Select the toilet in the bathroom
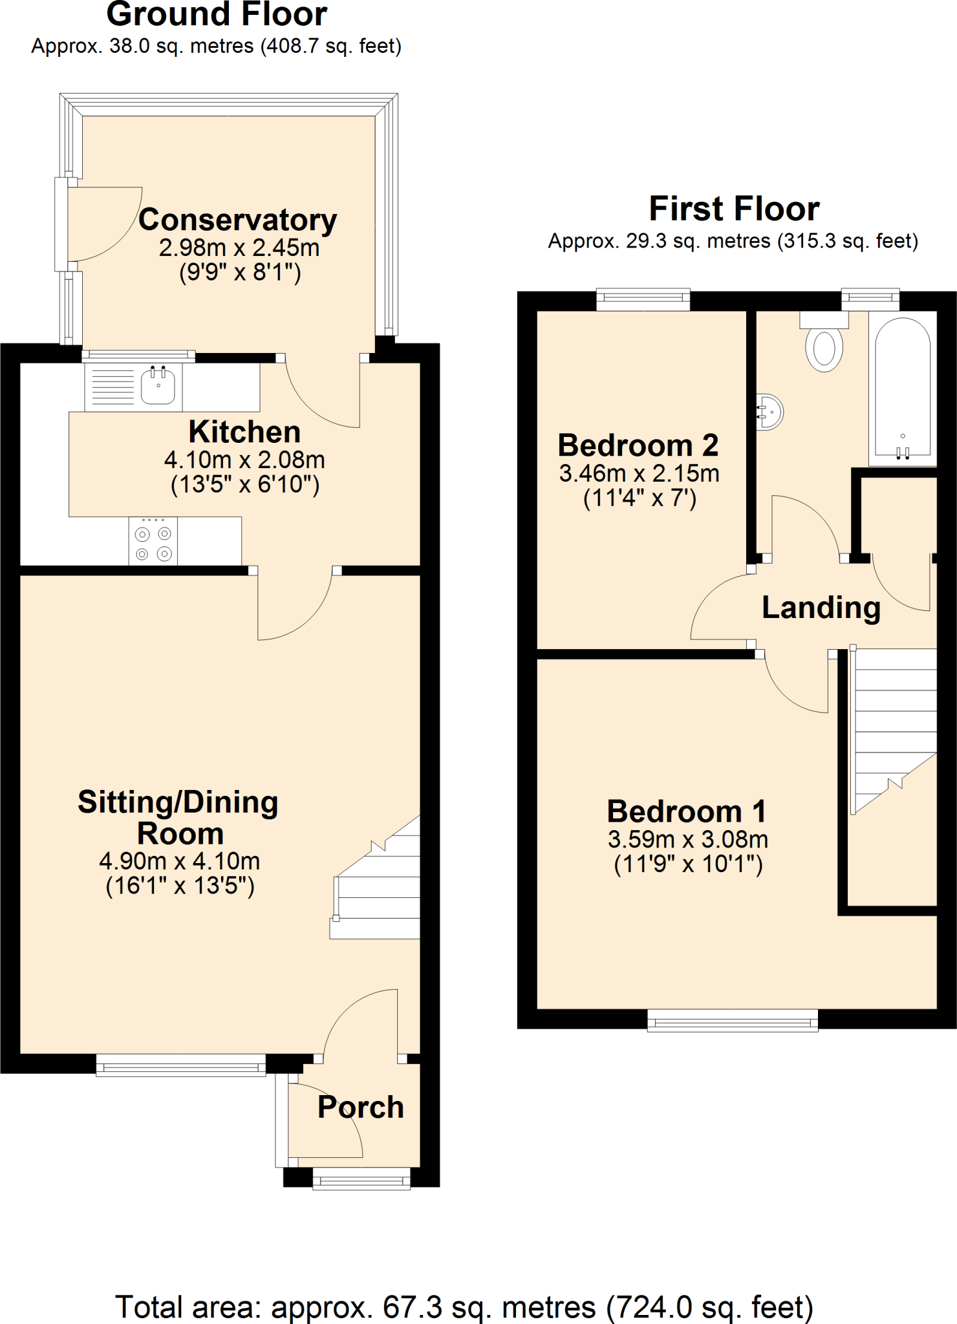tap(824, 346)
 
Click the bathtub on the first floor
tap(903, 388)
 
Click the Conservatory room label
tap(237, 220)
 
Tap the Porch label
tap(360, 1107)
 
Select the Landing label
tap(821, 608)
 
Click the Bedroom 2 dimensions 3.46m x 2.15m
tap(639, 473)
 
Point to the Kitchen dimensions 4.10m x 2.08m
tap(244, 460)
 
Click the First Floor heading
tap(734, 209)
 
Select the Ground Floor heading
tap(217, 14)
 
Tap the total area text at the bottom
tap(464, 1307)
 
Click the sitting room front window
tap(181, 1065)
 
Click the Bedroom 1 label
tap(687, 812)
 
